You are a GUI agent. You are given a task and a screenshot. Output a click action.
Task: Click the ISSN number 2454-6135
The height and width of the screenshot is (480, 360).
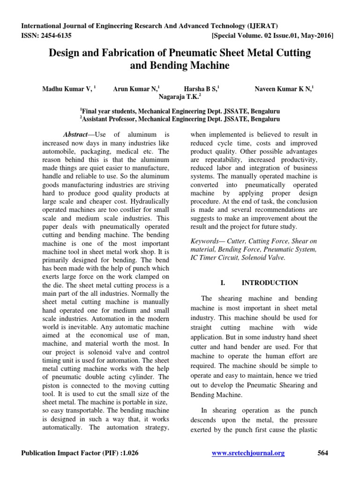55,35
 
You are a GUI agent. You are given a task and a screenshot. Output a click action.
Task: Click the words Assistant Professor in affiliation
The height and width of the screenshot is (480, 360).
109,120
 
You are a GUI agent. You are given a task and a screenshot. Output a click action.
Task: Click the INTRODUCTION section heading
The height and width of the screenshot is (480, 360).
270,283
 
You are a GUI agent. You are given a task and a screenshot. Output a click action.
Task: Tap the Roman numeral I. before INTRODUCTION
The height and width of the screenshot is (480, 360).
223,283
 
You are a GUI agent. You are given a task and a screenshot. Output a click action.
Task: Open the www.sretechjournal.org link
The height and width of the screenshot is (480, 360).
248,453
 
